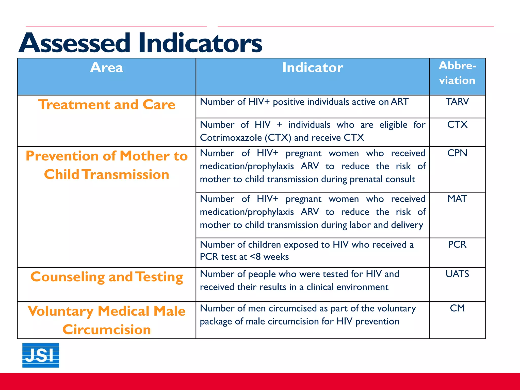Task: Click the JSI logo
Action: (41, 355)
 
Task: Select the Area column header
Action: (106, 68)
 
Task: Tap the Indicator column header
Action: (313, 68)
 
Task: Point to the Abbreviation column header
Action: (457, 73)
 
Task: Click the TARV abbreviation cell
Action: (457, 102)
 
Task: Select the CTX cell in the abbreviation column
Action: (457, 125)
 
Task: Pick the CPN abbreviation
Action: (457, 153)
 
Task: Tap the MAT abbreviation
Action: (457, 199)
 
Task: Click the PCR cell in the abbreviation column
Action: (457, 245)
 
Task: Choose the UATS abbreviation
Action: (457, 274)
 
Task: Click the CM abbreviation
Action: (457, 308)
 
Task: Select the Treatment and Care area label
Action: (107, 105)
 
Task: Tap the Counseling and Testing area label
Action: (107, 277)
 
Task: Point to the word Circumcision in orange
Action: (107, 330)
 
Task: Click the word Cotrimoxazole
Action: (231, 138)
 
